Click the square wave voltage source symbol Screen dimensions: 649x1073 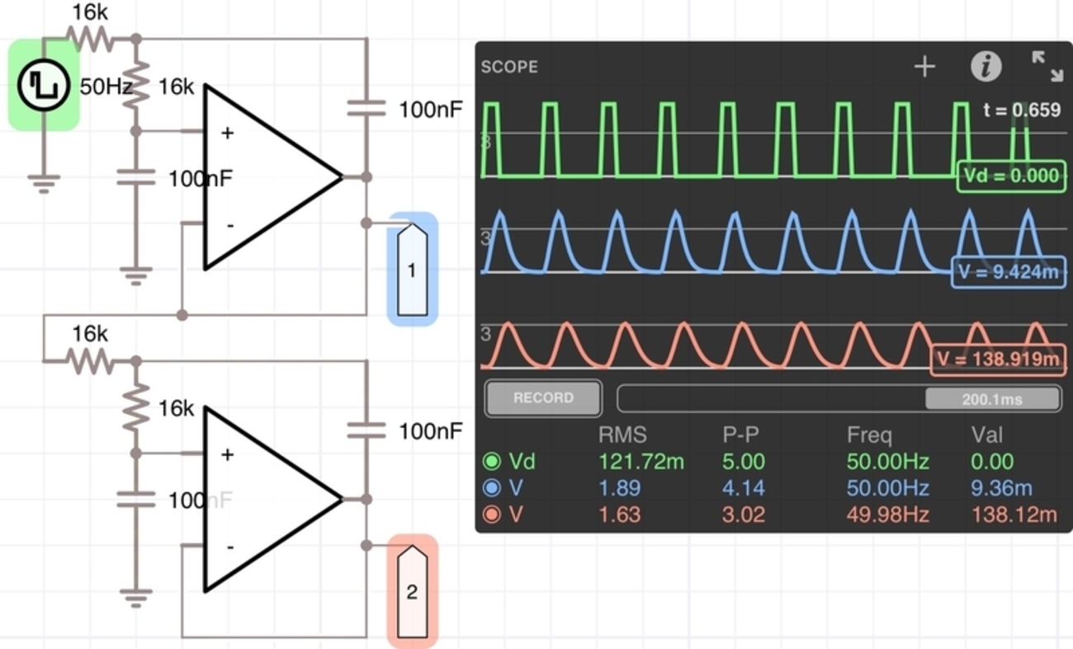43,86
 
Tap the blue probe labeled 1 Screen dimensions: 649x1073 412,270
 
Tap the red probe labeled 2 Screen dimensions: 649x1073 412,591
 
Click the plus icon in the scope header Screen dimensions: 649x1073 924,67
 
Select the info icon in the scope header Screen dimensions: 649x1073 986,67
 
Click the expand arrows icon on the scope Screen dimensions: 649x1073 1047,67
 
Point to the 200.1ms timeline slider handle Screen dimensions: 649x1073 992,399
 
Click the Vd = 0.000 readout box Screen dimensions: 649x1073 1009,176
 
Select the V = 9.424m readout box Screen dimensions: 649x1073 1008,273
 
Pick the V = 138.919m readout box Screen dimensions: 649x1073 997,360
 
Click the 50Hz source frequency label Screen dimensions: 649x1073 106,87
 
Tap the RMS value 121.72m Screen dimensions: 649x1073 640,462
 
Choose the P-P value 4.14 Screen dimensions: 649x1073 743,488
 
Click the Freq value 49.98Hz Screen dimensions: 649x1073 887,515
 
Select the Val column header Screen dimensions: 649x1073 988,435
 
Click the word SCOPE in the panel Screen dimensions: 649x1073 509,67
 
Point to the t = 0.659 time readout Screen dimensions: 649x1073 1022,111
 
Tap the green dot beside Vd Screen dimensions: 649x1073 492,462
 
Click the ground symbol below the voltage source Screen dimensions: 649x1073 43,183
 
